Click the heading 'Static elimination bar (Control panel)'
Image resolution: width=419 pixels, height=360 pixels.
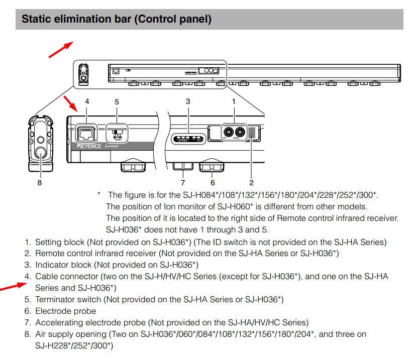point(116,20)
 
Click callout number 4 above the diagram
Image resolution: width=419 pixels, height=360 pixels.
point(87,101)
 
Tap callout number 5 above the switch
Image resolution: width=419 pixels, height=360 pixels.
point(117,102)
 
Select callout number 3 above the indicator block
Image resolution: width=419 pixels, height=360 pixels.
point(188,101)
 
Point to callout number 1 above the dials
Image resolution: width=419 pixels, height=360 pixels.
point(234,101)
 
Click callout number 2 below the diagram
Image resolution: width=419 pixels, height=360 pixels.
point(252,183)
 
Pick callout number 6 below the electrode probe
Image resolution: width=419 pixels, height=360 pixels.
point(213,183)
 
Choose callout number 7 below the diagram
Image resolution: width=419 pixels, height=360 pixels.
point(183,183)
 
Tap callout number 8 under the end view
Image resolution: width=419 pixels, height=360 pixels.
point(39,183)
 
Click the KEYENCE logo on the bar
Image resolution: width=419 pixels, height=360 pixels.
point(89,146)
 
